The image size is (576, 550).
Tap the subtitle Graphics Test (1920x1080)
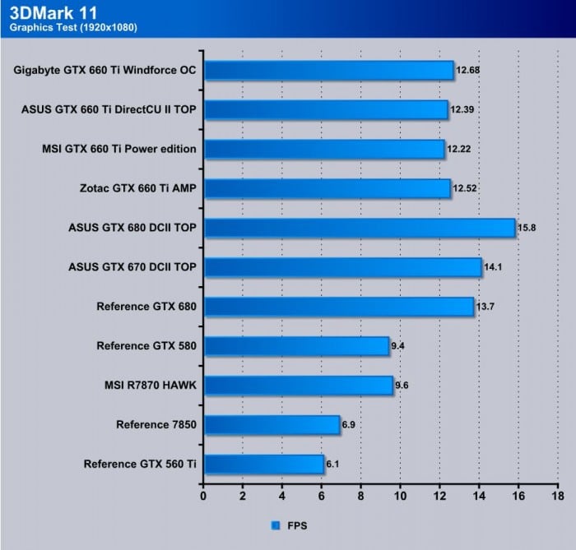[73, 28]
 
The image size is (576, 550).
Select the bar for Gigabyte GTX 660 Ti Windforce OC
[328, 70]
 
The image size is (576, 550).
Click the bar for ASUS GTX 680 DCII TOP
[359, 228]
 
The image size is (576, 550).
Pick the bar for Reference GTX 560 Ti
[263, 464]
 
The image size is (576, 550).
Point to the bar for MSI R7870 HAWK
[298, 386]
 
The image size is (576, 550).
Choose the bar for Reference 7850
[272, 425]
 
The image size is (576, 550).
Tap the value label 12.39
[462, 109]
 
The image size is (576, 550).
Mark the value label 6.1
[333, 464]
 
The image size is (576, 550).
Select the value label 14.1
[493, 267]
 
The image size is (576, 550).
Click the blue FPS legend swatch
[275, 524]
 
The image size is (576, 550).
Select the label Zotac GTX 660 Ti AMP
[137, 188]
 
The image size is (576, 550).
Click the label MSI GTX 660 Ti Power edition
[118, 149]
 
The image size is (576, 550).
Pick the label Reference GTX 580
[146, 346]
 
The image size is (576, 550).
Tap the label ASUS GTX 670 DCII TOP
[133, 267]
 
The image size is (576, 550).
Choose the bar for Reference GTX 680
[338, 307]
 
